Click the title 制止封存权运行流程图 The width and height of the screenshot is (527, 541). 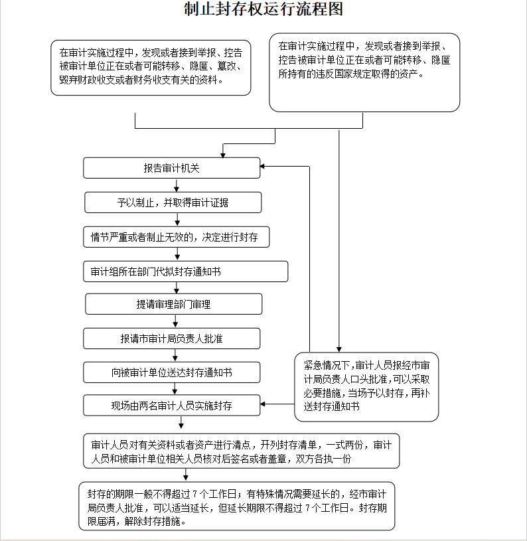point(263,9)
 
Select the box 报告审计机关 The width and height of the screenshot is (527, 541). point(172,168)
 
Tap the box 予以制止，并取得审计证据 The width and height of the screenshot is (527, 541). point(173,202)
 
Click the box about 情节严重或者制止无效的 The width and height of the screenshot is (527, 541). point(177,237)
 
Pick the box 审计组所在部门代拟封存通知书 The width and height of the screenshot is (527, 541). point(186,271)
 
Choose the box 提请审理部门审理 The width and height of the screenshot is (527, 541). point(174,304)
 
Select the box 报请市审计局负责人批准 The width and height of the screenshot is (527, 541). point(172,339)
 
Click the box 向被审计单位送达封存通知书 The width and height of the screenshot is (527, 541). point(172,372)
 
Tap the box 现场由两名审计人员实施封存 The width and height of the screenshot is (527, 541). point(172,406)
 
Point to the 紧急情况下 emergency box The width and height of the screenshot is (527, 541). point(366,387)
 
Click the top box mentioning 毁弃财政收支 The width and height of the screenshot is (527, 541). point(151,68)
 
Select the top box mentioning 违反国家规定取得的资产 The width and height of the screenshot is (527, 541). point(364,72)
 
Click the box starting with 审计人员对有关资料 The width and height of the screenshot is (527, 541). point(242,451)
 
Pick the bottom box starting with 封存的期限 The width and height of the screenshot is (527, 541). point(236,506)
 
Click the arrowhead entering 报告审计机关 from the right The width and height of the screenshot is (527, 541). point(262,167)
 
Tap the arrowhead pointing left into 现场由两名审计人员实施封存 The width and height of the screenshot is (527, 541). point(262,404)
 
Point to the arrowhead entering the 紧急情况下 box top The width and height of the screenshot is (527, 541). point(339,350)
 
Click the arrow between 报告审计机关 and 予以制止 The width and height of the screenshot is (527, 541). point(177,185)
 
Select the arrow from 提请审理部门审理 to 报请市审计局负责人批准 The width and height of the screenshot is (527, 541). point(175,321)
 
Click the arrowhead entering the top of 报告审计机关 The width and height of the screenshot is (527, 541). point(223,155)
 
